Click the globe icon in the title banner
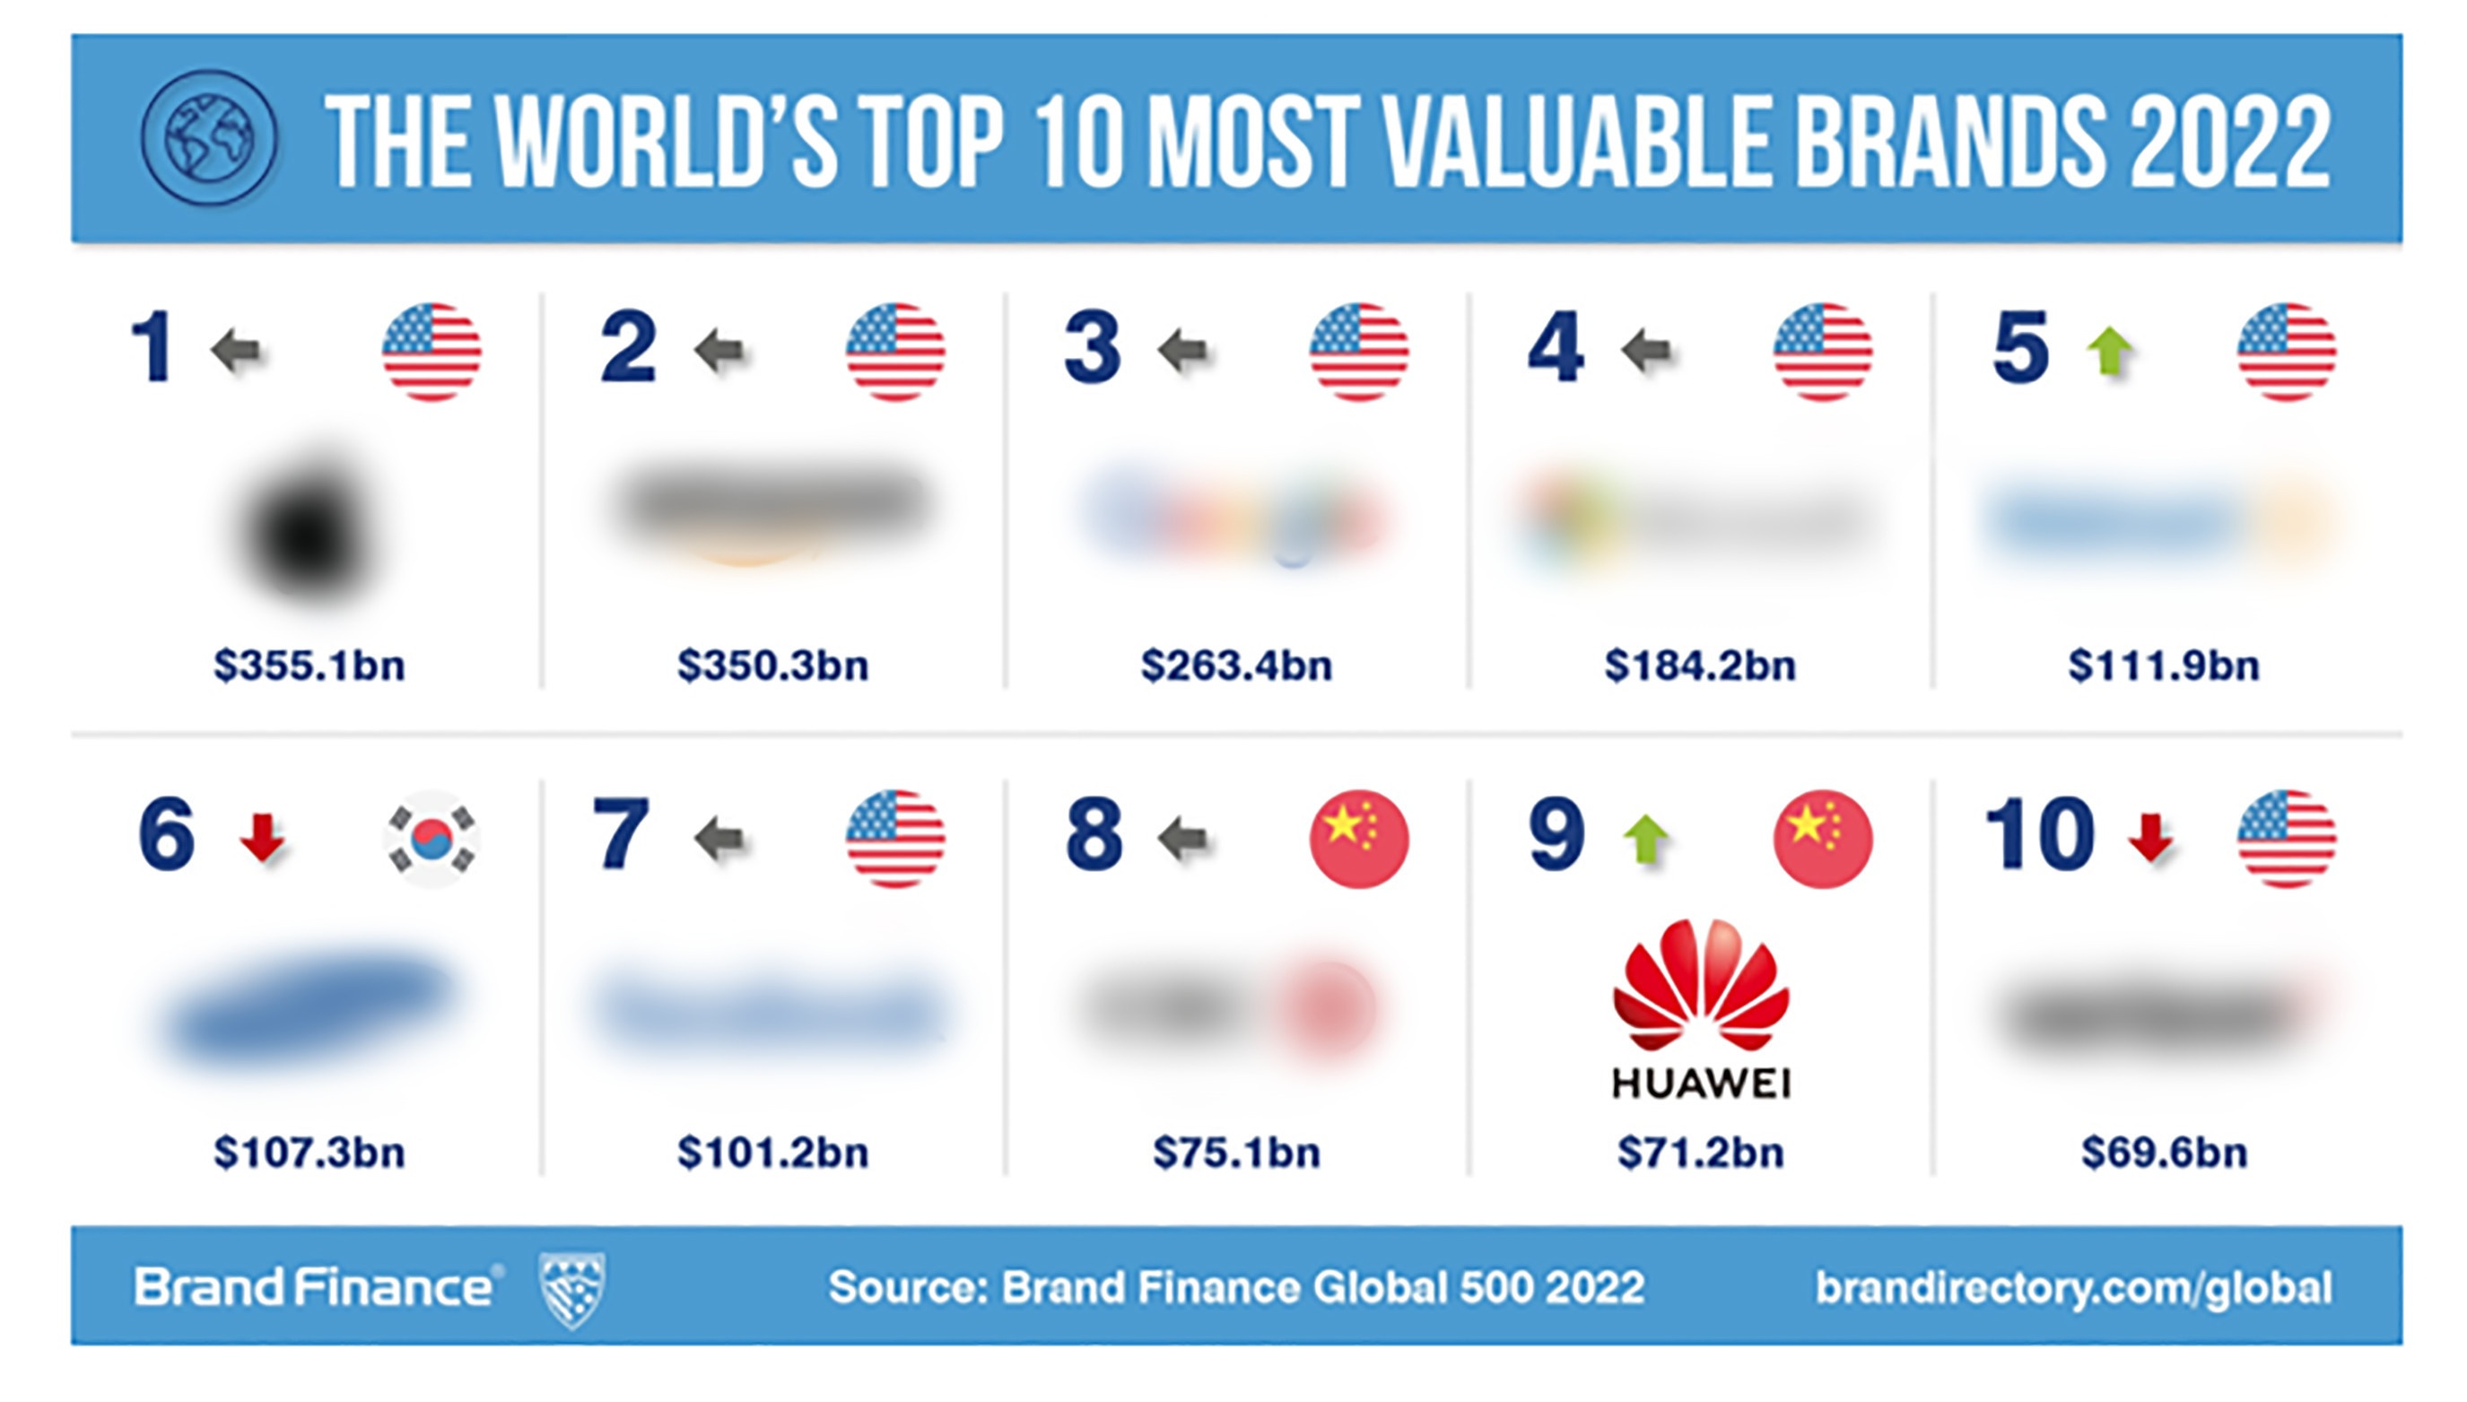click(x=209, y=138)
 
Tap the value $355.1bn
click(x=309, y=666)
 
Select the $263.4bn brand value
click(x=1236, y=666)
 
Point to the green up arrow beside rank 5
click(x=2110, y=352)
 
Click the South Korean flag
click(x=432, y=839)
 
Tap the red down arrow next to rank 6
click(x=262, y=837)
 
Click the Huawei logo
click(x=1701, y=1006)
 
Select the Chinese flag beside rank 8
click(x=1359, y=839)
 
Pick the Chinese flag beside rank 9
click(x=1823, y=839)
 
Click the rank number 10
click(x=2039, y=834)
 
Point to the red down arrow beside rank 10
click(x=2150, y=837)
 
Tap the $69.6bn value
click(x=2164, y=1153)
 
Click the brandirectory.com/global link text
click(x=2073, y=1288)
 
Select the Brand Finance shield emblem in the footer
click(x=572, y=1288)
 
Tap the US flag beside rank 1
click(x=432, y=352)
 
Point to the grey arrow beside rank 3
click(x=1182, y=350)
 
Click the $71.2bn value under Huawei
click(x=1701, y=1153)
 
